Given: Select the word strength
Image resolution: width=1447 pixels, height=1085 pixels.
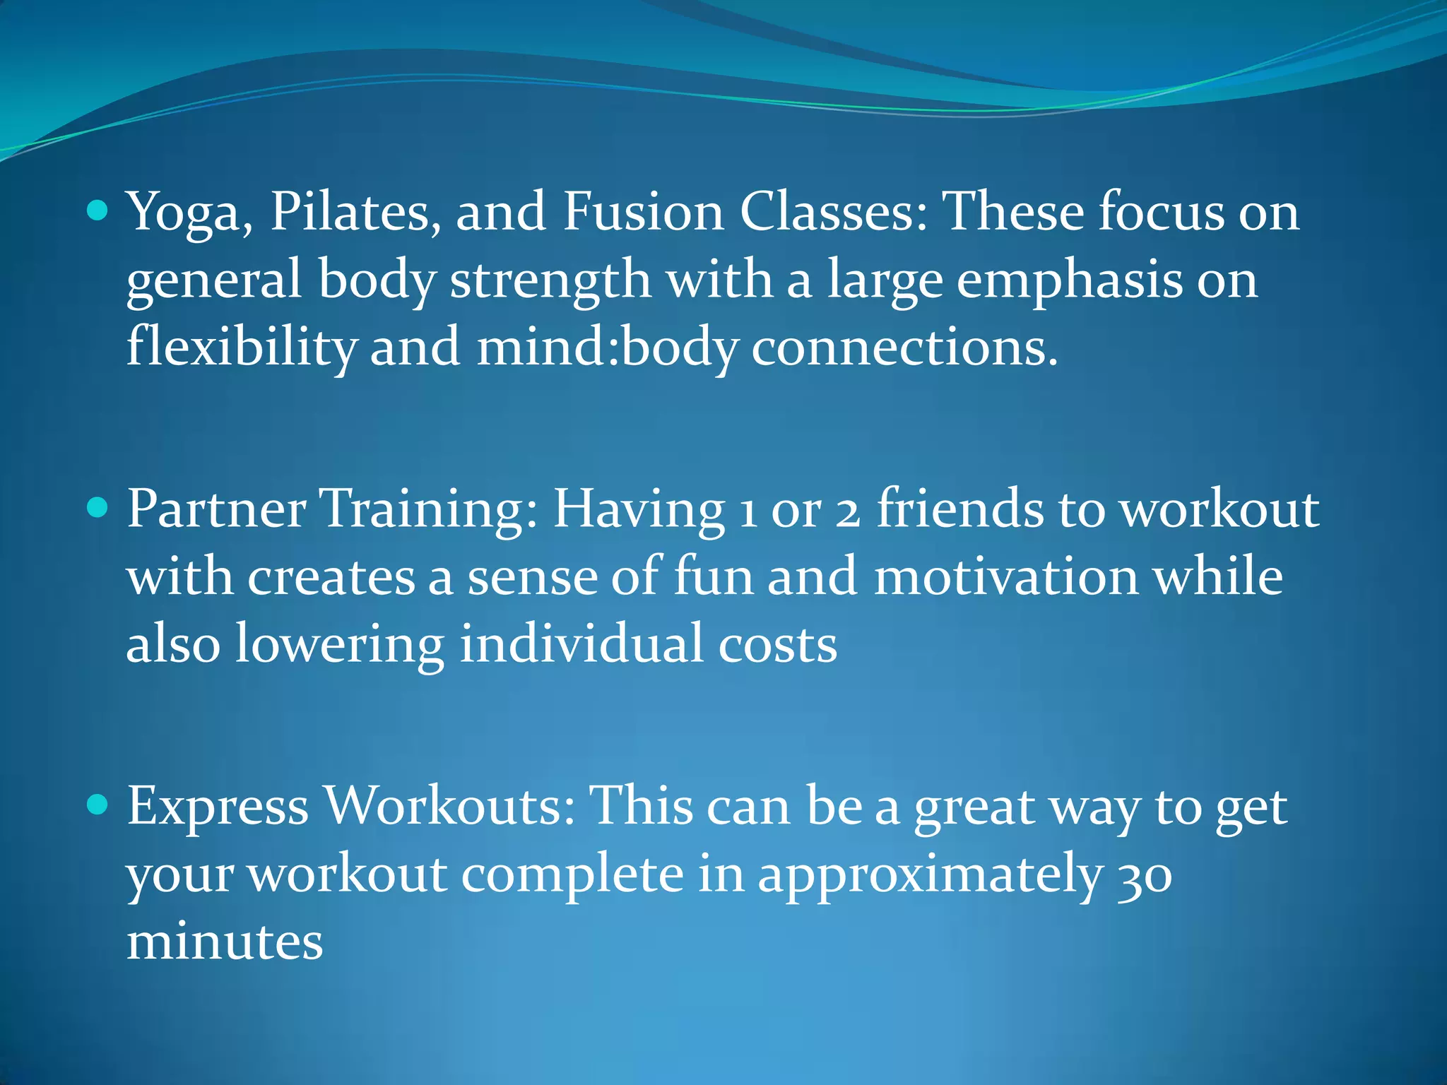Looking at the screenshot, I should tap(550, 280).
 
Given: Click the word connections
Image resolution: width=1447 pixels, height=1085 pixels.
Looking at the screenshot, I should tap(904, 348).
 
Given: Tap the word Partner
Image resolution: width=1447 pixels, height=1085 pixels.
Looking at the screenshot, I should tap(216, 509).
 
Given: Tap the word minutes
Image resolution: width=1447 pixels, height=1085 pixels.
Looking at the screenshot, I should tap(225, 942).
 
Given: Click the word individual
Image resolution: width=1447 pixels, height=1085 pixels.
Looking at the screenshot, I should tap(580, 644).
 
